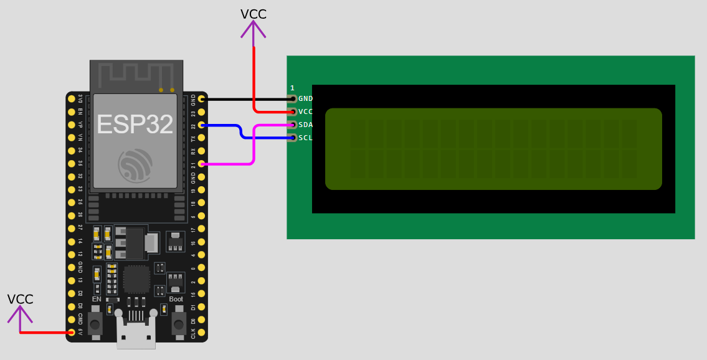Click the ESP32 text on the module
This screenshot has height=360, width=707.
[x=135, y=125]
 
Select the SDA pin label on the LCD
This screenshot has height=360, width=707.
[x=305, y=125]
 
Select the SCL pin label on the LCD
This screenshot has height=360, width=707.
[x=305, y=138]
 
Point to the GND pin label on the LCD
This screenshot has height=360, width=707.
[x=305, y=98]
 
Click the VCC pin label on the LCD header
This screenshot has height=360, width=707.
[x=305, y=111]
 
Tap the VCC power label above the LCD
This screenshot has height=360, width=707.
[x=254, y=14]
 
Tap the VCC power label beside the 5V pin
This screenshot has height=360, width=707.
[x=20, y=299]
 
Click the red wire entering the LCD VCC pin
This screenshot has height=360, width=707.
[x=254, y=81]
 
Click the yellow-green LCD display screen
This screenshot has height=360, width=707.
[x=493, y=149]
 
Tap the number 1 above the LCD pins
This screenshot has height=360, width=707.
[x=292, y=88]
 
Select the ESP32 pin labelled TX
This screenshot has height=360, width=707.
[x=192, y=138]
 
